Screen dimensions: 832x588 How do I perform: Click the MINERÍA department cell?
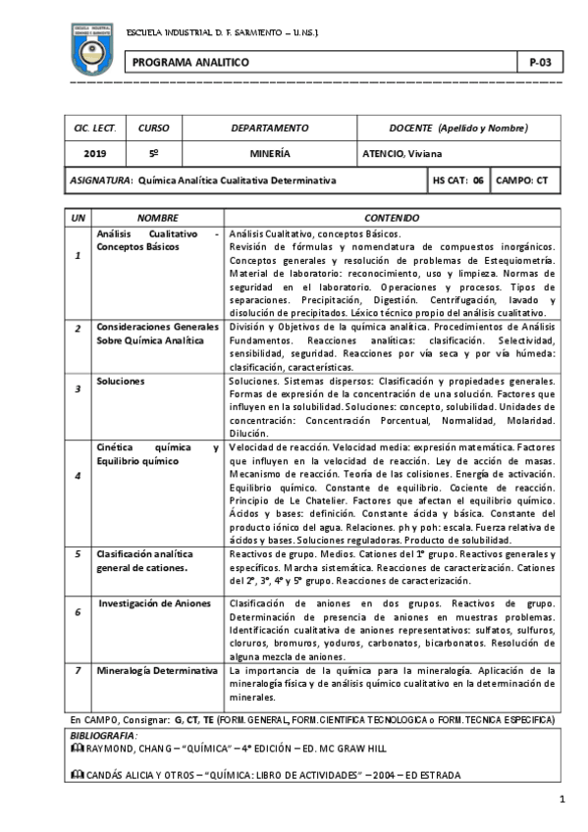tap(269, 153)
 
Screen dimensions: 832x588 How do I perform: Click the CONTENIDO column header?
tap(392, 217)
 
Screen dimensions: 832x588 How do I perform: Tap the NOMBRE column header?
tap(157, 217)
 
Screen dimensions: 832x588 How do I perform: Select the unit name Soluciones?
tap(121, 379)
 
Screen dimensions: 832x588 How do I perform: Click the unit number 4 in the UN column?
tap(78, 476)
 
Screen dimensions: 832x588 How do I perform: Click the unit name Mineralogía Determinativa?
tap(157, 671)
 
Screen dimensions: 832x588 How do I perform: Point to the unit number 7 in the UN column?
tap(78, 671)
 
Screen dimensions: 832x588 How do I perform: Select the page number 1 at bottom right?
tap(562, 800)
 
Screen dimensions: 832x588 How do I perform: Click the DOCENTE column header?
tap(458, 128)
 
